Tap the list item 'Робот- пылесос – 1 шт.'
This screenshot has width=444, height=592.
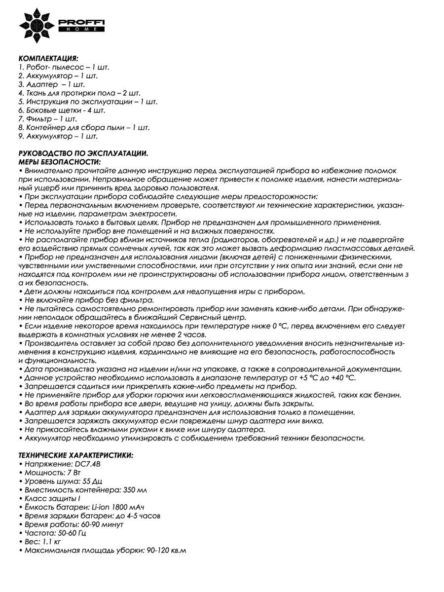click(x=64, y=67)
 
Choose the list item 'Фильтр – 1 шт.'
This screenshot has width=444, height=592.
click(x=47, y=119)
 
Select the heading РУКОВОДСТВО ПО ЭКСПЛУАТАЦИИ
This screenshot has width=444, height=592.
click(x=83, y=154)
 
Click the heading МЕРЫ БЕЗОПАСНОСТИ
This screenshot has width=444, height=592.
click(x=59, y=162)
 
